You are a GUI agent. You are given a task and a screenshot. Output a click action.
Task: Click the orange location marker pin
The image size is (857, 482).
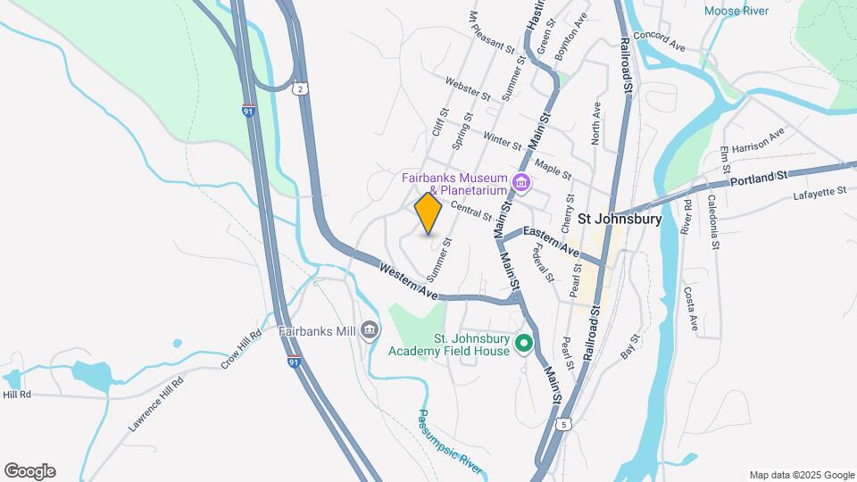tap(428, 213)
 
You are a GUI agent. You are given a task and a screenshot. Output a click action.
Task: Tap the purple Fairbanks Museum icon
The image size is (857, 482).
tap(521, 185)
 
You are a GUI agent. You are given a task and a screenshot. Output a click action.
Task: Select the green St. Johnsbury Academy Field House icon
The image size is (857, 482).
tap(526, 343)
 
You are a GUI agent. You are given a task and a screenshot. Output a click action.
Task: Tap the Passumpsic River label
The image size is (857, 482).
tap(450, 441)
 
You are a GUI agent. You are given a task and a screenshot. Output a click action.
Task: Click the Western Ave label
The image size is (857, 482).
tap(408, 280)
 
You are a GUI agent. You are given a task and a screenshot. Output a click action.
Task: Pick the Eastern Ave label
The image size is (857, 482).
tap(552, 239)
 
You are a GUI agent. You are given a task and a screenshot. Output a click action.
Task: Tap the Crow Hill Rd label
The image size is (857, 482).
tap(240, 349)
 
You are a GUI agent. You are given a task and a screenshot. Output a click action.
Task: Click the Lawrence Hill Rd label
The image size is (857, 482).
tap(156, 404)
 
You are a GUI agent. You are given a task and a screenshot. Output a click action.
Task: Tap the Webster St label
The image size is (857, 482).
tap(468, 88)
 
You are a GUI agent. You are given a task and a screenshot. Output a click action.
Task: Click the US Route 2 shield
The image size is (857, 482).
tap(301, 87)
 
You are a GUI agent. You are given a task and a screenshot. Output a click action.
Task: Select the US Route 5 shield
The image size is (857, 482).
tap(562, 425)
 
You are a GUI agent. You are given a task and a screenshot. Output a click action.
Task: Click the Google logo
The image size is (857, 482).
tap(29, 471)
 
